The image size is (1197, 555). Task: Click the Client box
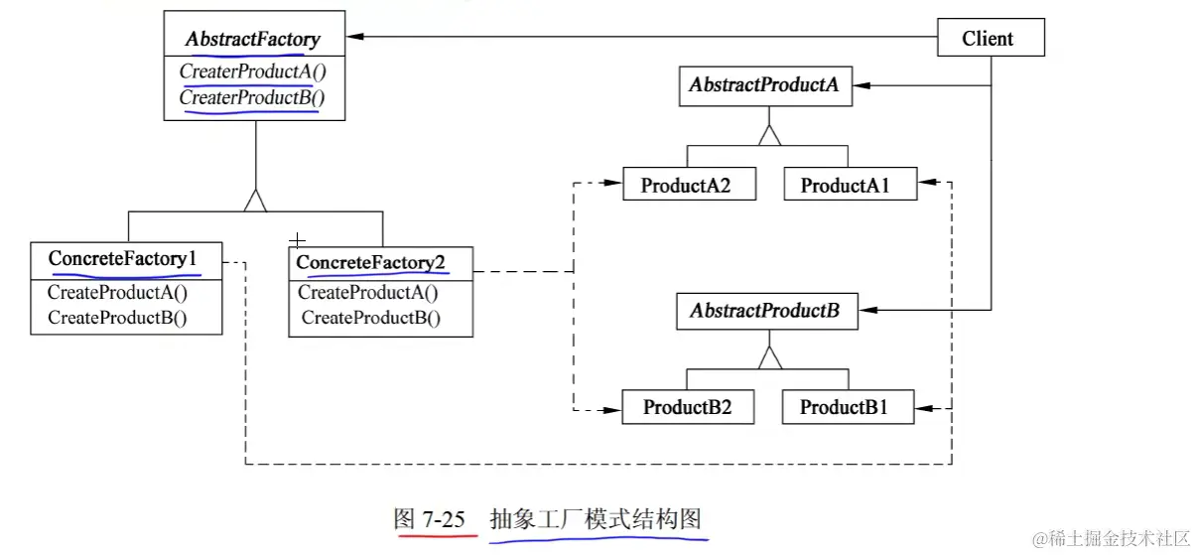[x=988, y=39]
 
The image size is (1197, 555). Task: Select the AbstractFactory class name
[x=253, y=40]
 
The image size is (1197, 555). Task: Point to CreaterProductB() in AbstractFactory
[x=252, y=97]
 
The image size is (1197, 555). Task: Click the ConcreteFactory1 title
[x=123, y=258]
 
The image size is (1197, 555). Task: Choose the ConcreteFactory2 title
[x=373, y=262]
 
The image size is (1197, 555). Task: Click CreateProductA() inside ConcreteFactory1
[x=117, y=292]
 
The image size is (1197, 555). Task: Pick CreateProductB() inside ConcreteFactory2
[x=371, y=318]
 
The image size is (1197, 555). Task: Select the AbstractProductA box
[x=763, y=85]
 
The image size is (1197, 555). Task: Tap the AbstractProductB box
[x=764, y=311]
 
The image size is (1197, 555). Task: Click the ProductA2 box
[x=685, y=185]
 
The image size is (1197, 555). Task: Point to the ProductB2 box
[x=686, y=407]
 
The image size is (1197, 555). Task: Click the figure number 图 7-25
[x=429, y=519]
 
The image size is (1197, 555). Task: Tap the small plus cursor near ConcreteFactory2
[x=296, y=240]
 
